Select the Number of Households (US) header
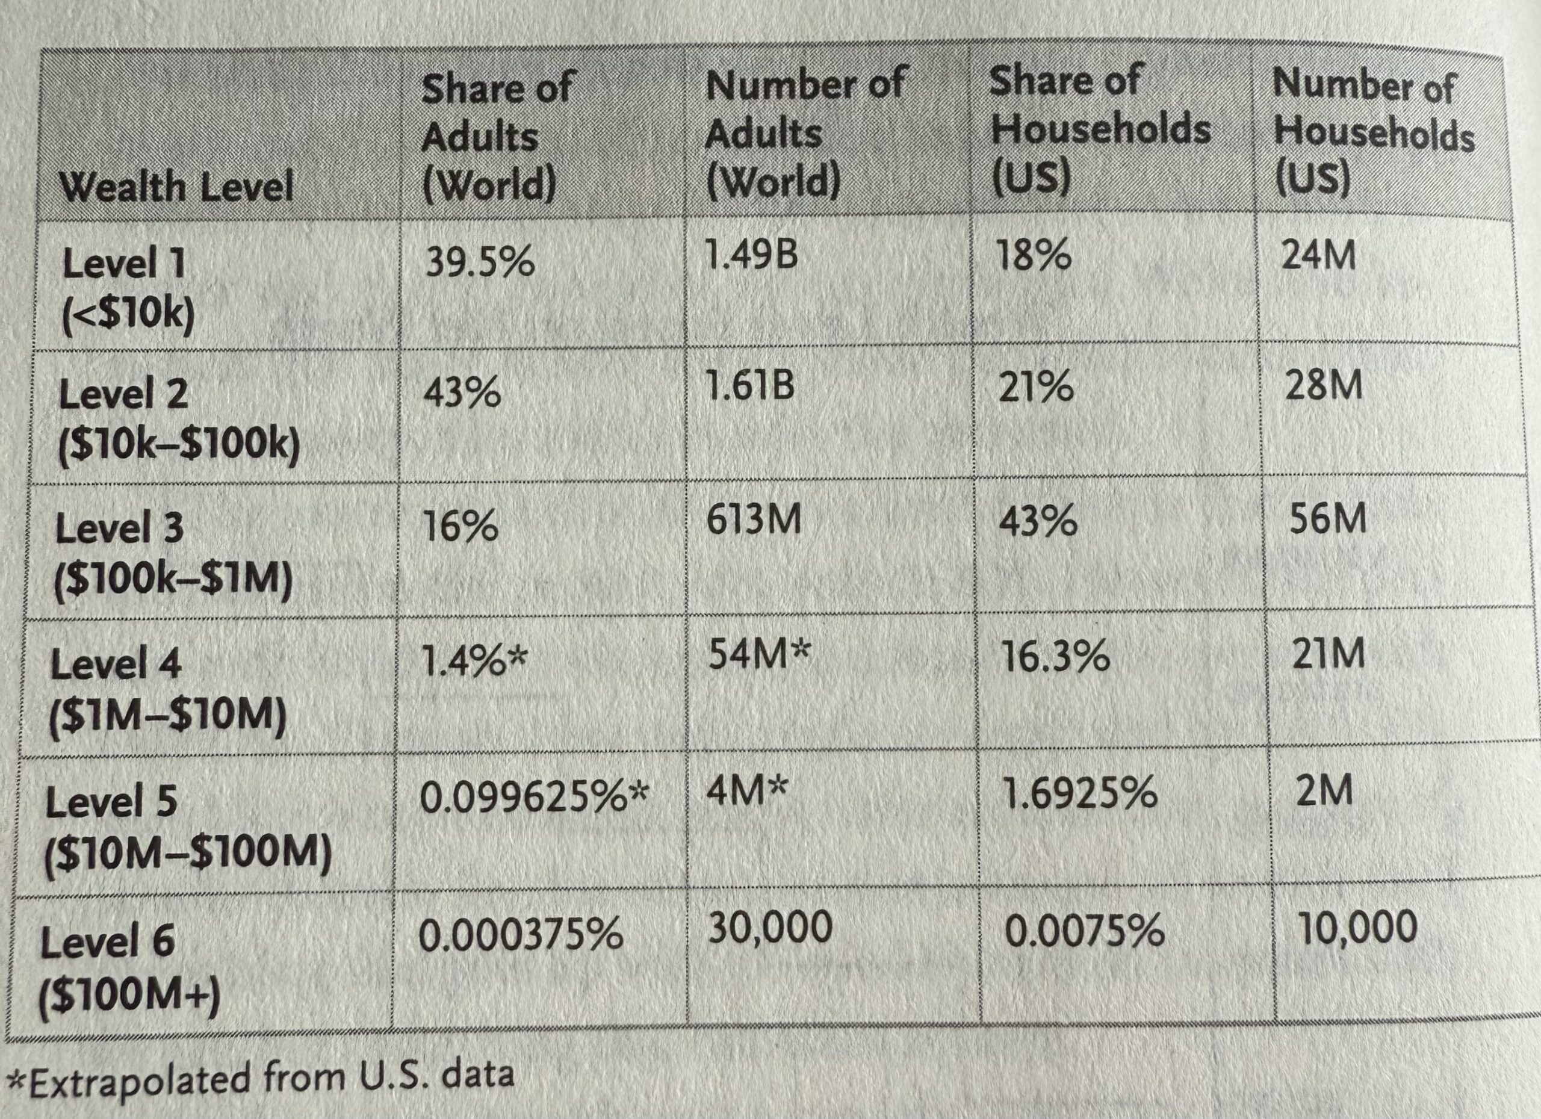tap(1373, 132)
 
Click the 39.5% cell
tap(480, 262)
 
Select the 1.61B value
tap(749, 386)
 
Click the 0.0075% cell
tap(1084, 931)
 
